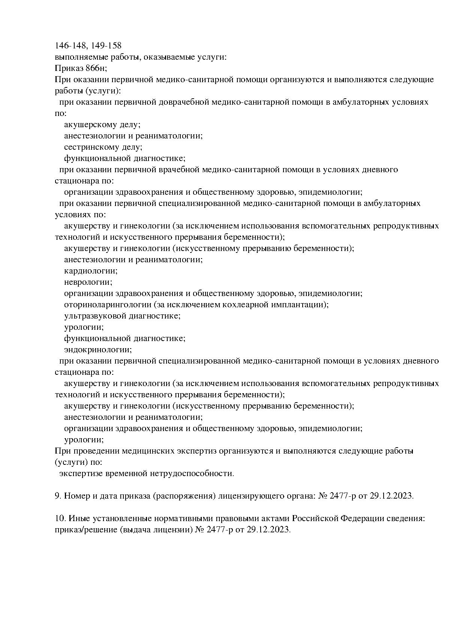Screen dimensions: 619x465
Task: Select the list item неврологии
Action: point(88,282)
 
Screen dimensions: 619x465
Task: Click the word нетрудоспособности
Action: point(192,473)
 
